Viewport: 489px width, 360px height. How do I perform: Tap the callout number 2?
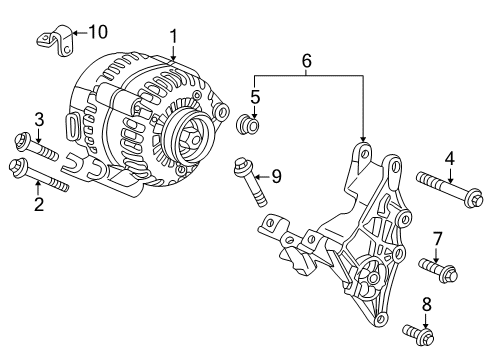point(39,205)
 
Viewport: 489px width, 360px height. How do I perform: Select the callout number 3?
point(38,121)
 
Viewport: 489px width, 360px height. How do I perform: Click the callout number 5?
point(255,97)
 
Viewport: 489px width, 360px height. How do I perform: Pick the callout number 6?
point(307,61)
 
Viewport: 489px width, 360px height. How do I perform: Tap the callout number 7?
point(437,238)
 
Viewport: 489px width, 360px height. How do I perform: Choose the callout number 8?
point(427,304)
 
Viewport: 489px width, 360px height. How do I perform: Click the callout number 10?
point(97,31)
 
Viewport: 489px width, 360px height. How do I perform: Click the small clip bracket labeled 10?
point(53,41)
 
